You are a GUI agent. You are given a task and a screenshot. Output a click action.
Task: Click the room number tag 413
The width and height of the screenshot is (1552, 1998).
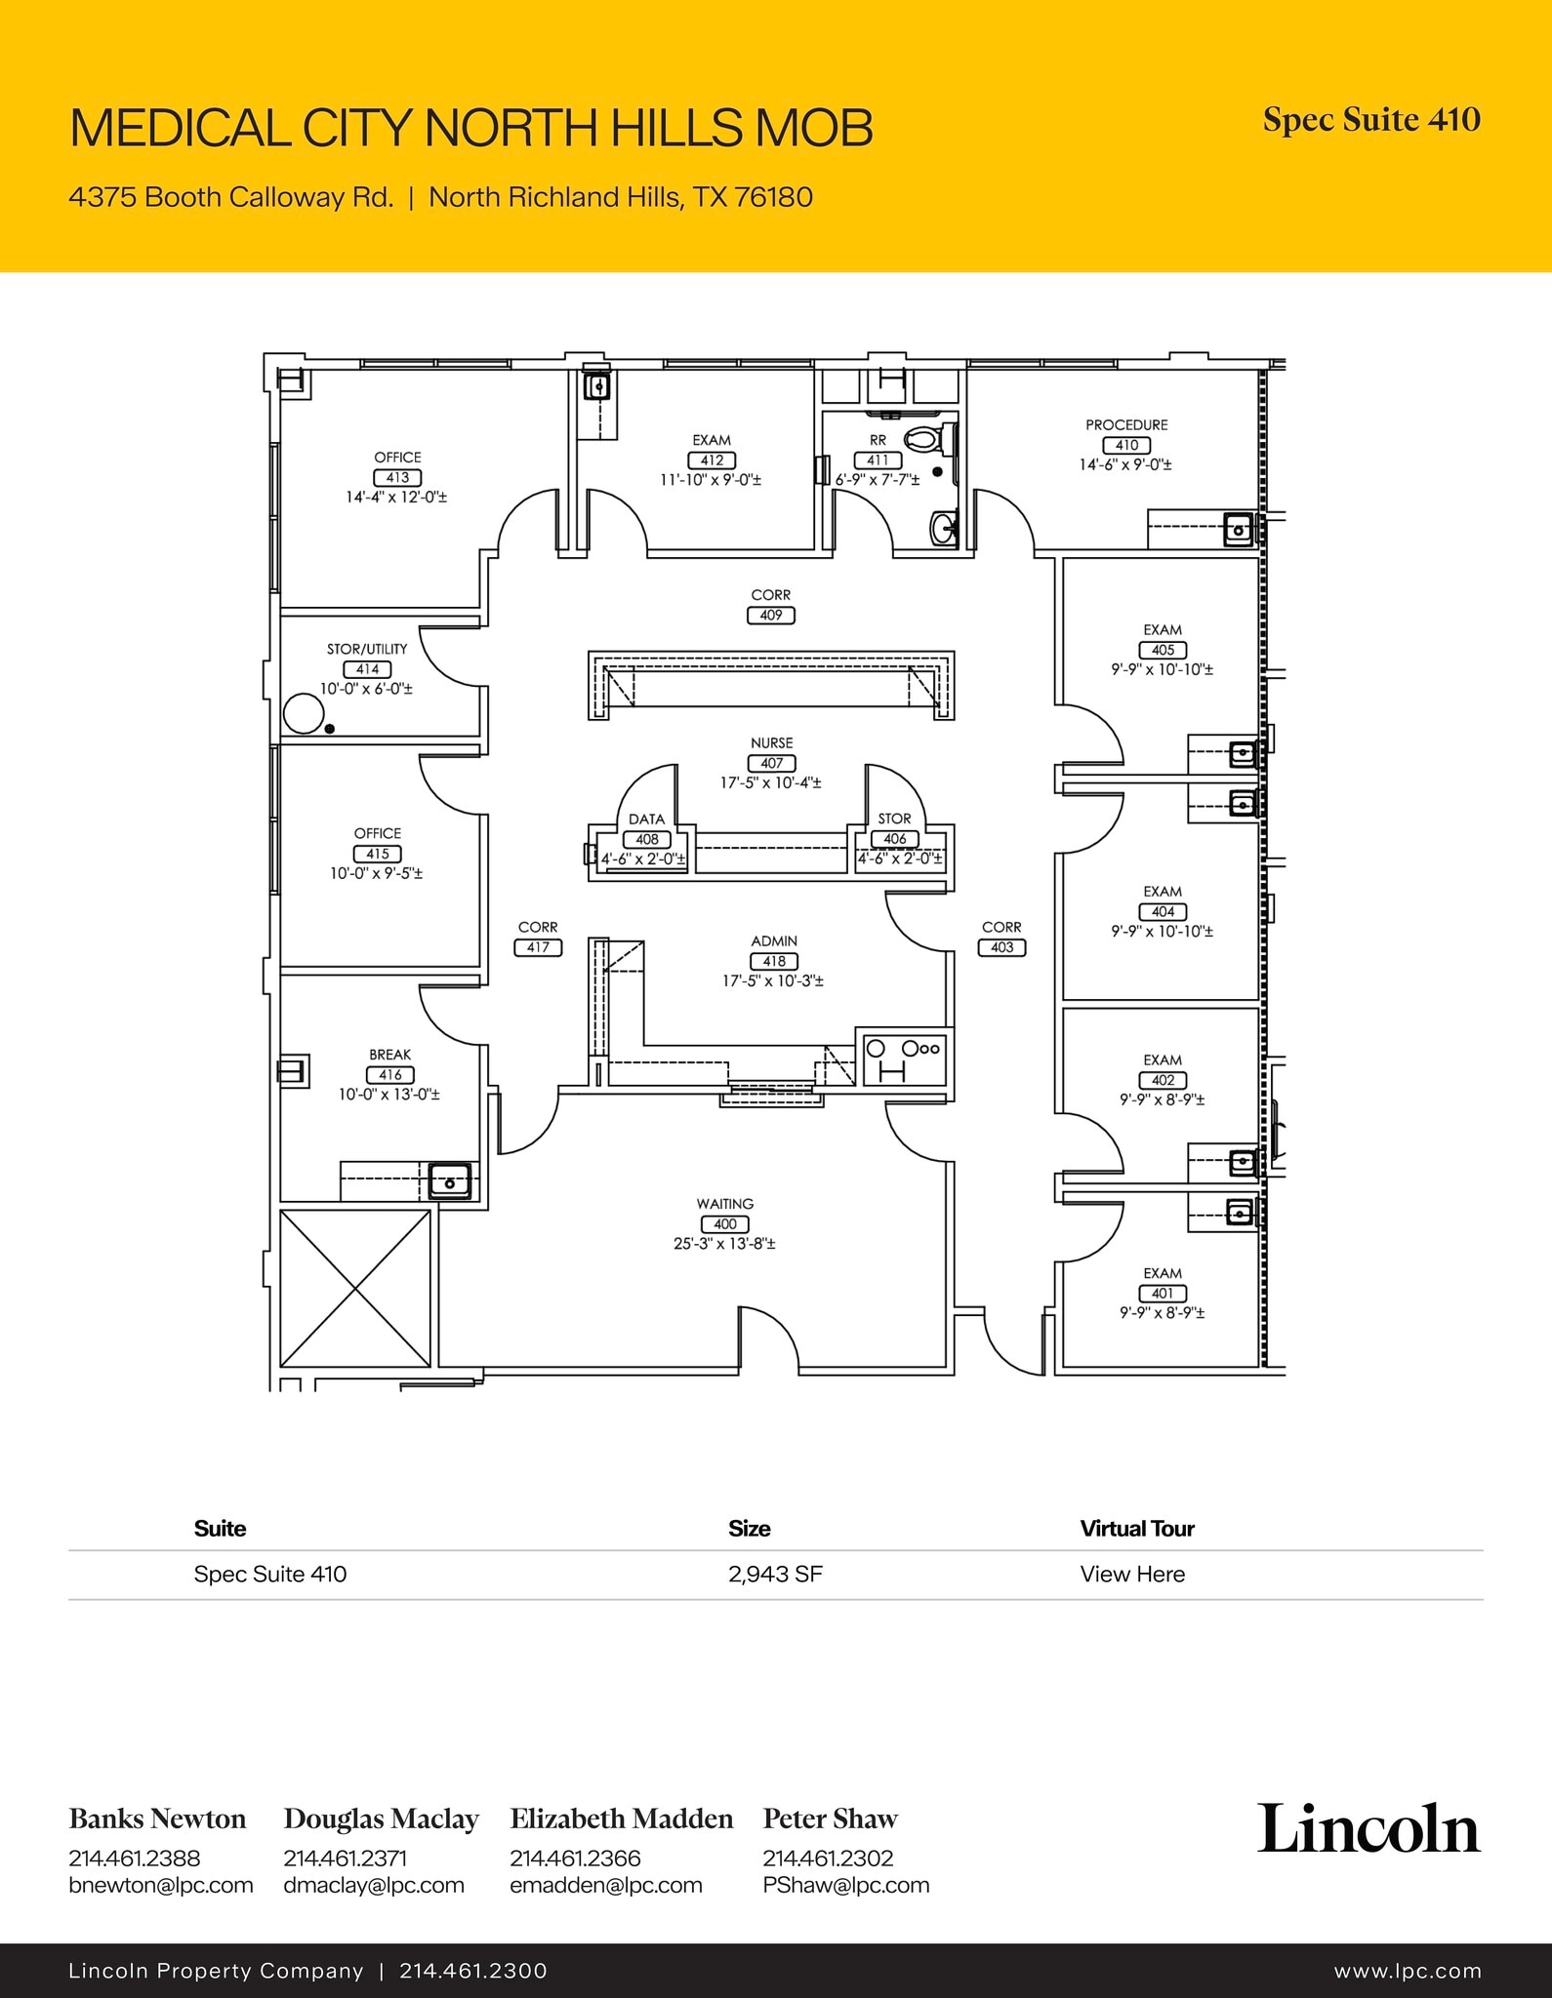coord(397,477)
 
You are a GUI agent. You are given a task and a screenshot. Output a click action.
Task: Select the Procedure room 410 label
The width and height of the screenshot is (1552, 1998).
coord(1126,425)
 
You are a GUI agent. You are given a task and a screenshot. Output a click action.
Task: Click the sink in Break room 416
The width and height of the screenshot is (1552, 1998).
coord(450,1181)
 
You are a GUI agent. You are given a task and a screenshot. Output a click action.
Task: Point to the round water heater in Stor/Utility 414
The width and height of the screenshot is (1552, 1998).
coord(303,713)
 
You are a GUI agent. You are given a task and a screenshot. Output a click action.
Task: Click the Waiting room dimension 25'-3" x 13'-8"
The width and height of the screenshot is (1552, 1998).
coord(724,1244)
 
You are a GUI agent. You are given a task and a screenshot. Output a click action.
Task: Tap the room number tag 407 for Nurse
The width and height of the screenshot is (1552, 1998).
coord(771,763)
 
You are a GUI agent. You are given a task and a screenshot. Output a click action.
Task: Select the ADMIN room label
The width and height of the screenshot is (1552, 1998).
coord(773,941)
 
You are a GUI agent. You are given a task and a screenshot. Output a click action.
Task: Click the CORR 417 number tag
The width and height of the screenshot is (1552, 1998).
coord(538,947)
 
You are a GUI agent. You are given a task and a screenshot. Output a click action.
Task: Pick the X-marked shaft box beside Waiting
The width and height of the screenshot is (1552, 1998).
coord(355,1289)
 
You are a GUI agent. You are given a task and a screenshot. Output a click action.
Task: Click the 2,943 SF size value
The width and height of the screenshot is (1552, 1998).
coord(775,1574)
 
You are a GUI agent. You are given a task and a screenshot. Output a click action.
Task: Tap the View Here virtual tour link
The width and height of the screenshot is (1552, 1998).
coord(1132,1574)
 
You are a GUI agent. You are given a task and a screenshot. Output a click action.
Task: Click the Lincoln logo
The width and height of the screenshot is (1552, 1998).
coord(1368,1829)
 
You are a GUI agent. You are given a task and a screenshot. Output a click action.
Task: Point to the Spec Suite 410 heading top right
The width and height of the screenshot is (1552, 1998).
coord(1371,120)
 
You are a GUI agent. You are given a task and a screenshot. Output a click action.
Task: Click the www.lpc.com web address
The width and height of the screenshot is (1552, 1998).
coord(1408,1971)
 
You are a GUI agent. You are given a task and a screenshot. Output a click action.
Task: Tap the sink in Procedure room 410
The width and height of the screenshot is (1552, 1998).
coord(1239,530)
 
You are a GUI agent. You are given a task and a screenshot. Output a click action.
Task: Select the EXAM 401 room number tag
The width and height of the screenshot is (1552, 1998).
coord(1162,1294)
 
